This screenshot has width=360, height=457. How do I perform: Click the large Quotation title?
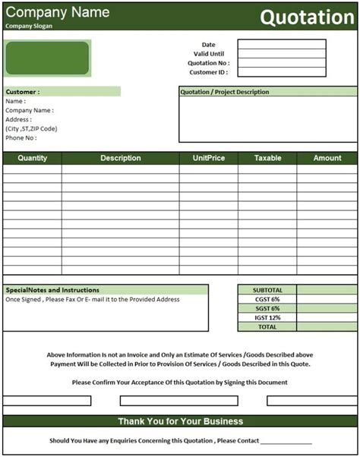pos(307,18)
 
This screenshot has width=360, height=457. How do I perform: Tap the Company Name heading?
pos(58,12)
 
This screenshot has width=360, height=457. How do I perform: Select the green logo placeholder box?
pos(48,58)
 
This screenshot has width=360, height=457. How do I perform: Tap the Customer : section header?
pos(24,92)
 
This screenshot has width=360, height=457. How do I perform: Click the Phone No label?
pos(21,137)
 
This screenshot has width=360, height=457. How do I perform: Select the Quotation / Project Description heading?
pos(225,92)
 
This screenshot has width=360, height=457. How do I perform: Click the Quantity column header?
pos(33,158)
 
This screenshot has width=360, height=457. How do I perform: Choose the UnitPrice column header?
pos(208,158)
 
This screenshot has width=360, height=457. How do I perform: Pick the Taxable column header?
pos(267,158)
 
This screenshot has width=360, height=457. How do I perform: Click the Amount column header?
pos(327,158)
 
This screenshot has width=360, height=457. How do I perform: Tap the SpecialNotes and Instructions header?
pos(53,290)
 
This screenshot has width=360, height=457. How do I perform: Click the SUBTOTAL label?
pos(267,290)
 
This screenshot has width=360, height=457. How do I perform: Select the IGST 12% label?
pos(267,317)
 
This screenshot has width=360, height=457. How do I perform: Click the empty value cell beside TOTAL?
pos(327,326)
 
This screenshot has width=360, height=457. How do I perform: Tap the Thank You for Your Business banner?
pos(180,421)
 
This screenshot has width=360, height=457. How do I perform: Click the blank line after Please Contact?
pos(286,441)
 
